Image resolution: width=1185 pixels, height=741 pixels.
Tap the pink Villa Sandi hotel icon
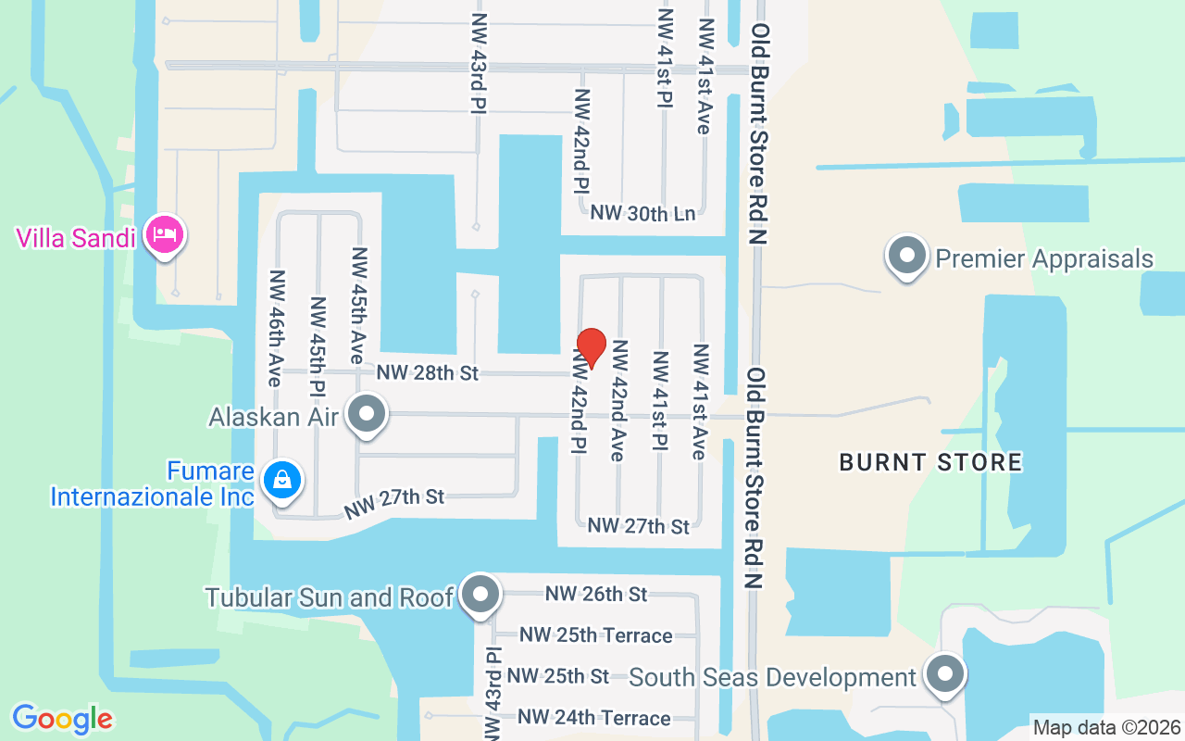pos(165,234)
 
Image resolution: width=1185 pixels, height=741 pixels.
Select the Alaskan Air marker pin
pos(368,414)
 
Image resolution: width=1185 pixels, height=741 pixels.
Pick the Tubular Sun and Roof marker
pos(480,595)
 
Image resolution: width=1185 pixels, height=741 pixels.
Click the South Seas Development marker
pos(944,674)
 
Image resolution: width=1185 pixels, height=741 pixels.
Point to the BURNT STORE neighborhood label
pos(930,462)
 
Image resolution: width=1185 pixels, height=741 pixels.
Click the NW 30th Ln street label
pos(642,213)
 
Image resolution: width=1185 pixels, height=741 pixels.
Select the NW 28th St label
pos(428,373)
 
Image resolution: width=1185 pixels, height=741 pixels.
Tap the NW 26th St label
pos(596,594)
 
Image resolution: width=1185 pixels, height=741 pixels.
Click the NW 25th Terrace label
pos(596,635)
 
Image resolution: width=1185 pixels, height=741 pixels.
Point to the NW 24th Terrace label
pos(594,718)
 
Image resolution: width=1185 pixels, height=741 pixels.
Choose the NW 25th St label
pos(557,676)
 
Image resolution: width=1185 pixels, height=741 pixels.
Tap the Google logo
pos(63,719)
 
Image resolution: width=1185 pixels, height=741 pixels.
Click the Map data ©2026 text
pos(1105,727)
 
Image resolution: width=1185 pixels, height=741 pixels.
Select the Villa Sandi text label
pos(76,238)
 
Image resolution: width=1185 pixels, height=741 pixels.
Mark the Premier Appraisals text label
pos(1044,258)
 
